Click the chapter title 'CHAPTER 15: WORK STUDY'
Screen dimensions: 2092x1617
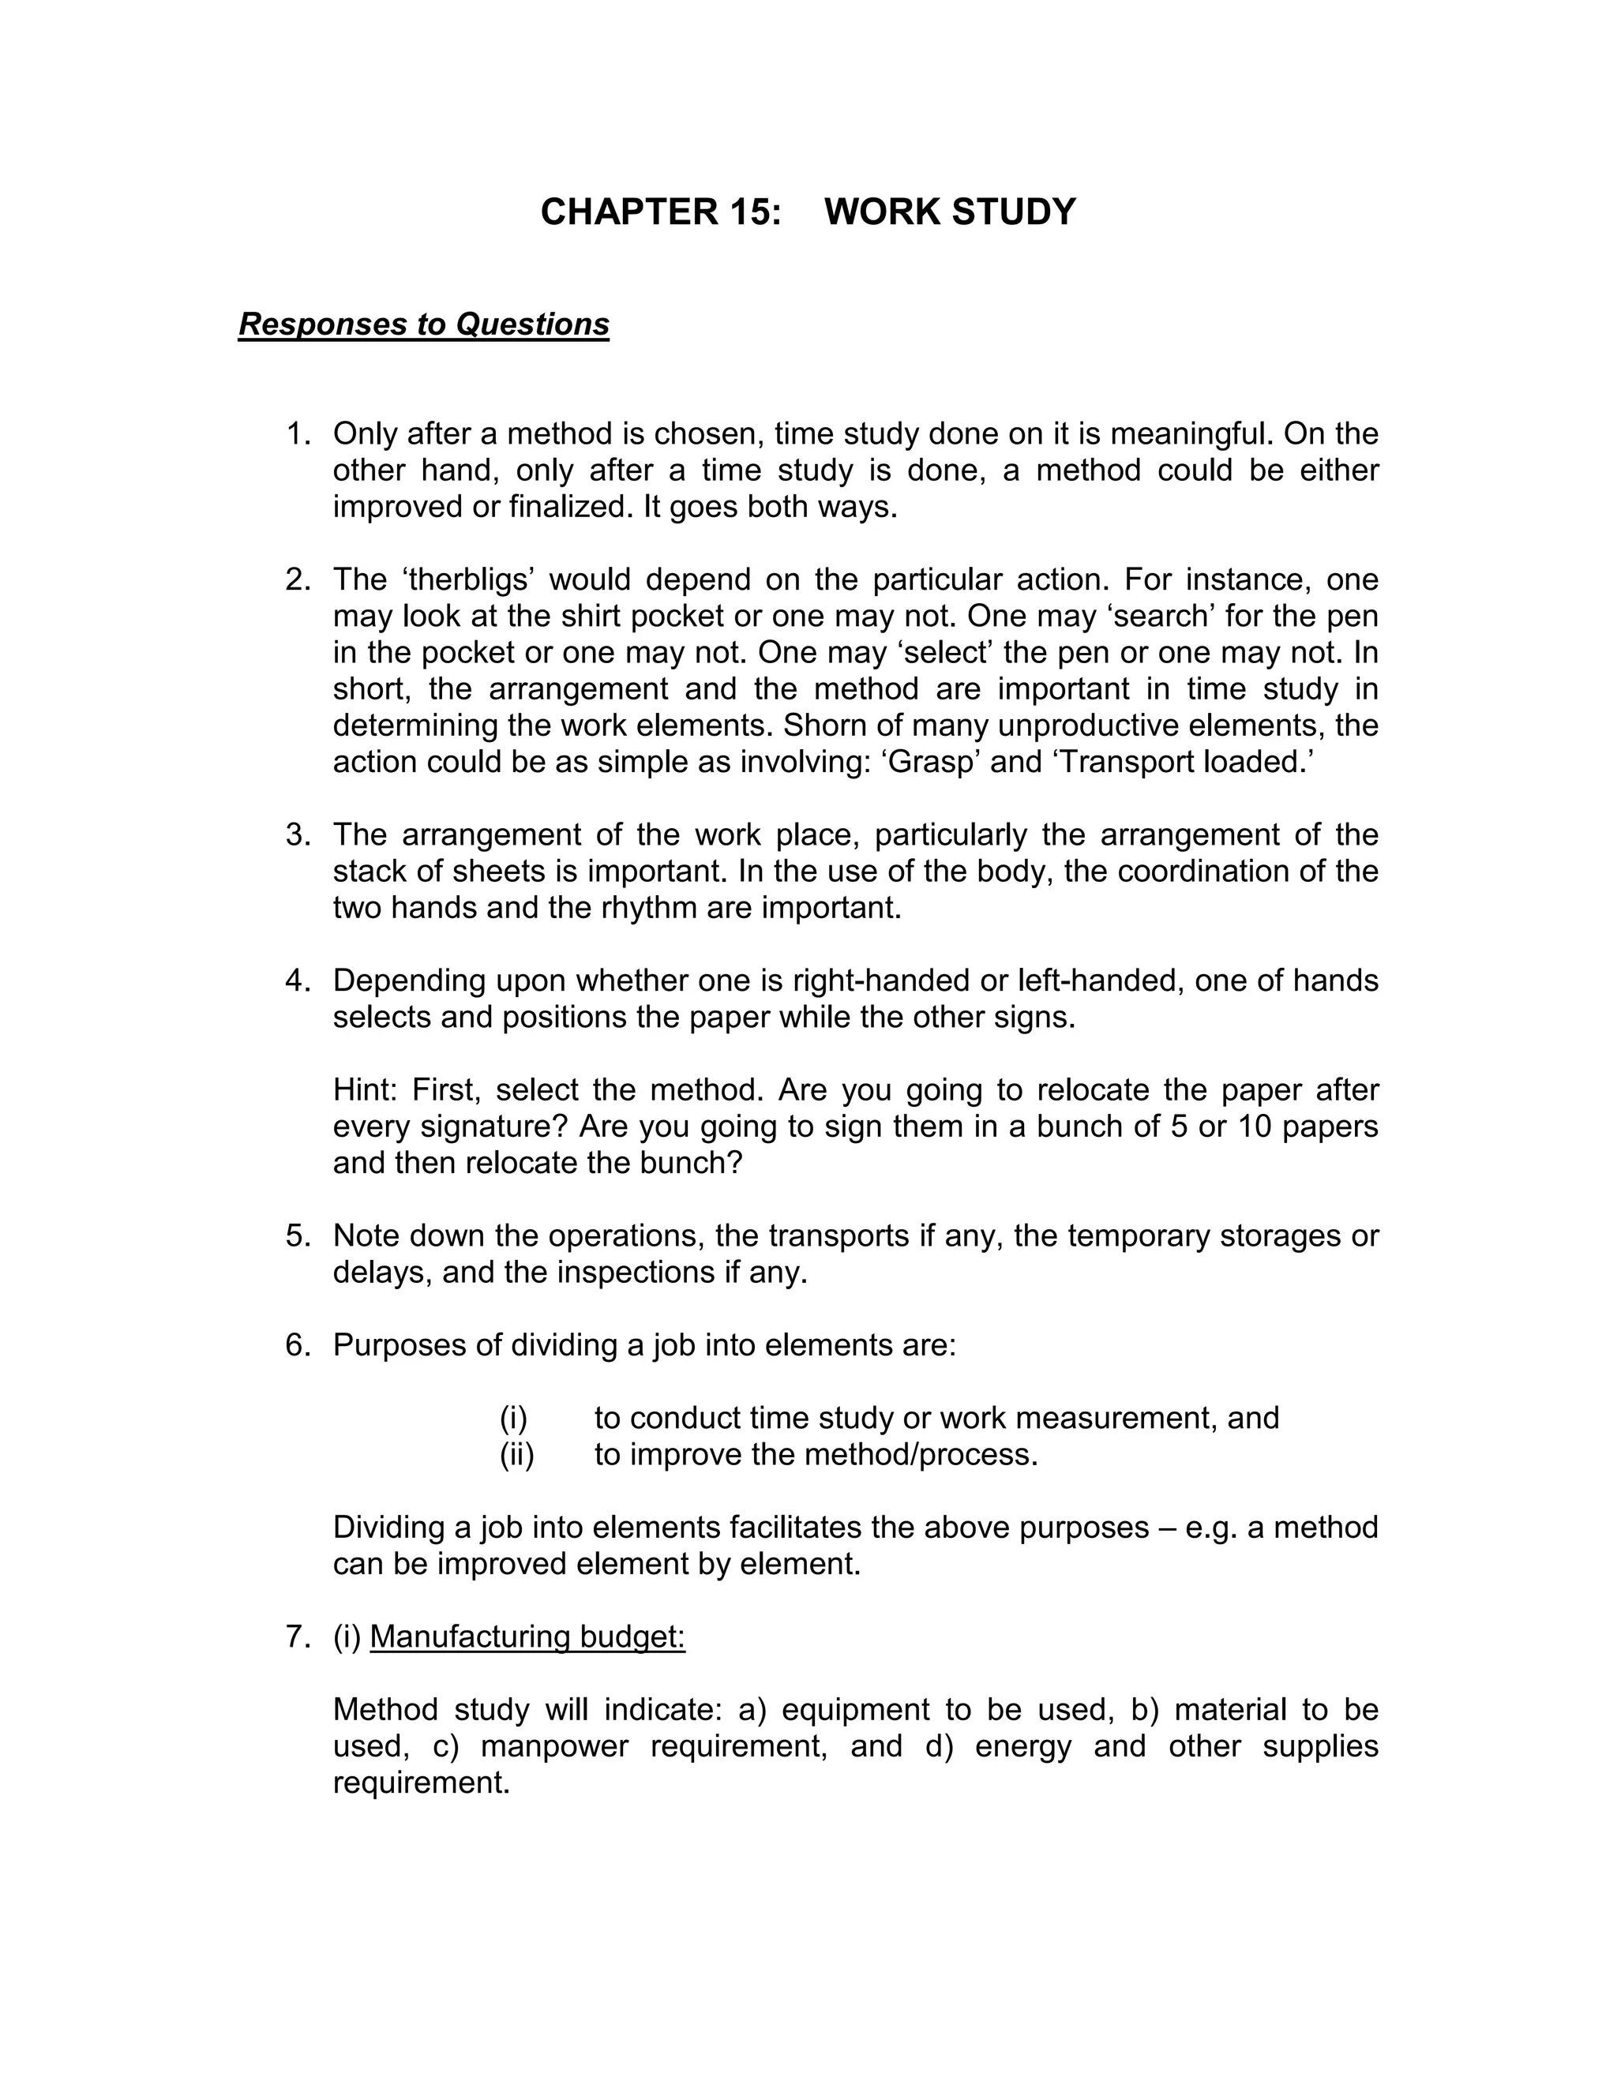[x=808, y=212]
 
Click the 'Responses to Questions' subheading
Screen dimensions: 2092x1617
[x=423, y=324]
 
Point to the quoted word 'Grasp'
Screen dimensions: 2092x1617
[x=930, y=762]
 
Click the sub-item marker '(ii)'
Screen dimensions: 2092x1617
[x=516, y=1454]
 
